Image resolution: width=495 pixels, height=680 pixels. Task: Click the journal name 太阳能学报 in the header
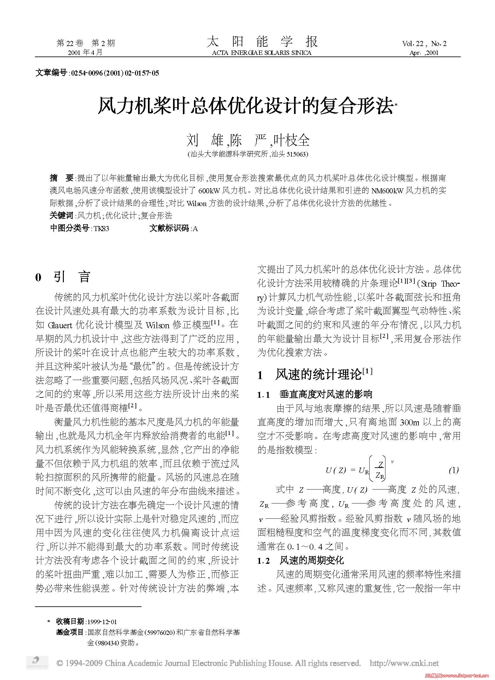click(x=262, y=42)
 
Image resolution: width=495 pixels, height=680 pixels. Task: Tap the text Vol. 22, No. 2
click(x=424, y=44)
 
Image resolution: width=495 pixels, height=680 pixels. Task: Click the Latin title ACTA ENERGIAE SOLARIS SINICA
click(x=262, y=53)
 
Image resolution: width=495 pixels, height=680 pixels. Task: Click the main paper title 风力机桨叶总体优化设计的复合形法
click(x=245, y=106)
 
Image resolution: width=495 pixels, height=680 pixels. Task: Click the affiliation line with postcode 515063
click(x=248, y=154)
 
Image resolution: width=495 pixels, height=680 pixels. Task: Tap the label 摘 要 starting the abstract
click(x=62, y=178)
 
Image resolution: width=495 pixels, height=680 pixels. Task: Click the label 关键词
click(x=62, y=216)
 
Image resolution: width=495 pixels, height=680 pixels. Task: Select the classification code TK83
click(x=101, y=229)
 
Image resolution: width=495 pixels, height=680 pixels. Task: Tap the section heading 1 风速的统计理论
click(x=314, y=375)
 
